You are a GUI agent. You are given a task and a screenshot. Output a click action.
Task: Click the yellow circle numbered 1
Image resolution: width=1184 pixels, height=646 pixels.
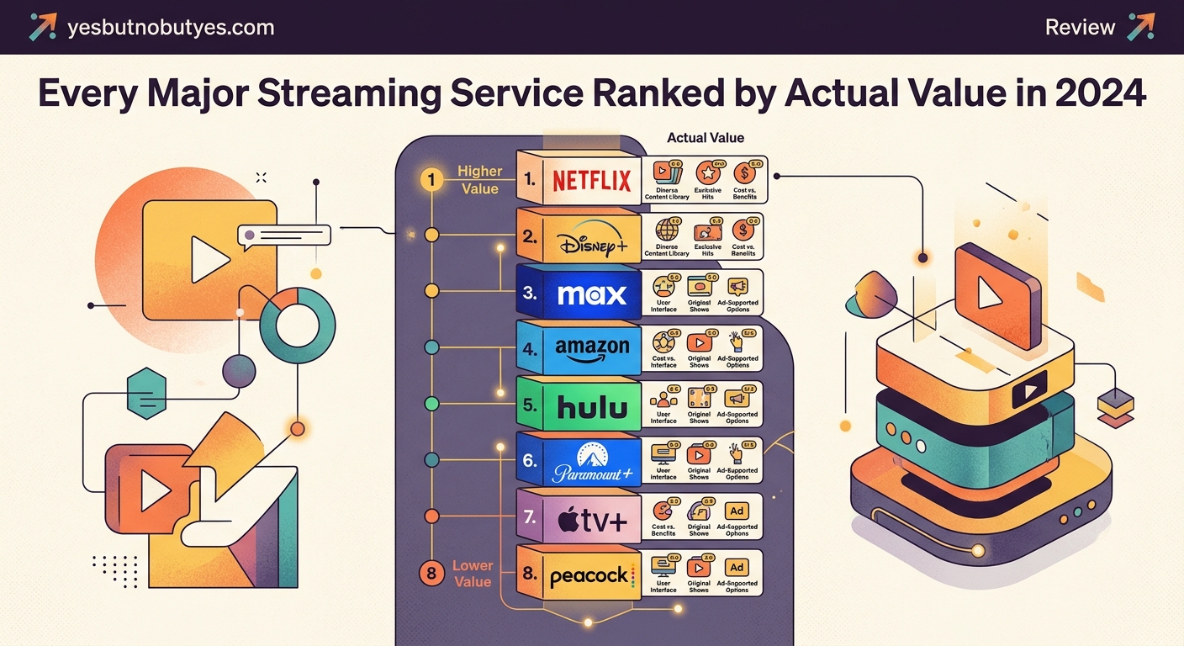coord(431,179)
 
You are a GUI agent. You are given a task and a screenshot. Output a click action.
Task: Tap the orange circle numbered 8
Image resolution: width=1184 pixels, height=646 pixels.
coord(431,574)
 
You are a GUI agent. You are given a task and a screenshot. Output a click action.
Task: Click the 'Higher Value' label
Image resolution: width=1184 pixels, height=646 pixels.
coord(479,179)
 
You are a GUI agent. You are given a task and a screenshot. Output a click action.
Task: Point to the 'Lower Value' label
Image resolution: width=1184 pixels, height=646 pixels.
coord(473,573)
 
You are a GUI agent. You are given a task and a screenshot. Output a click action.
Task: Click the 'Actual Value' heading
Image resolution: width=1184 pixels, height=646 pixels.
coord(706,137)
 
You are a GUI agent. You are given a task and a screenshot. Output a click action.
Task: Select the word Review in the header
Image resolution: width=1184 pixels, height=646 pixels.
coord(1080,27)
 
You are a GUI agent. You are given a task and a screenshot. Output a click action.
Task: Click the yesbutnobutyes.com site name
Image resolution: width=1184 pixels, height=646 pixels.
coord(170,27)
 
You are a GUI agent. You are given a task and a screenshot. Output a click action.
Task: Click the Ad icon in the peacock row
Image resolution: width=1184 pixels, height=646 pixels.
coord(737,568)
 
